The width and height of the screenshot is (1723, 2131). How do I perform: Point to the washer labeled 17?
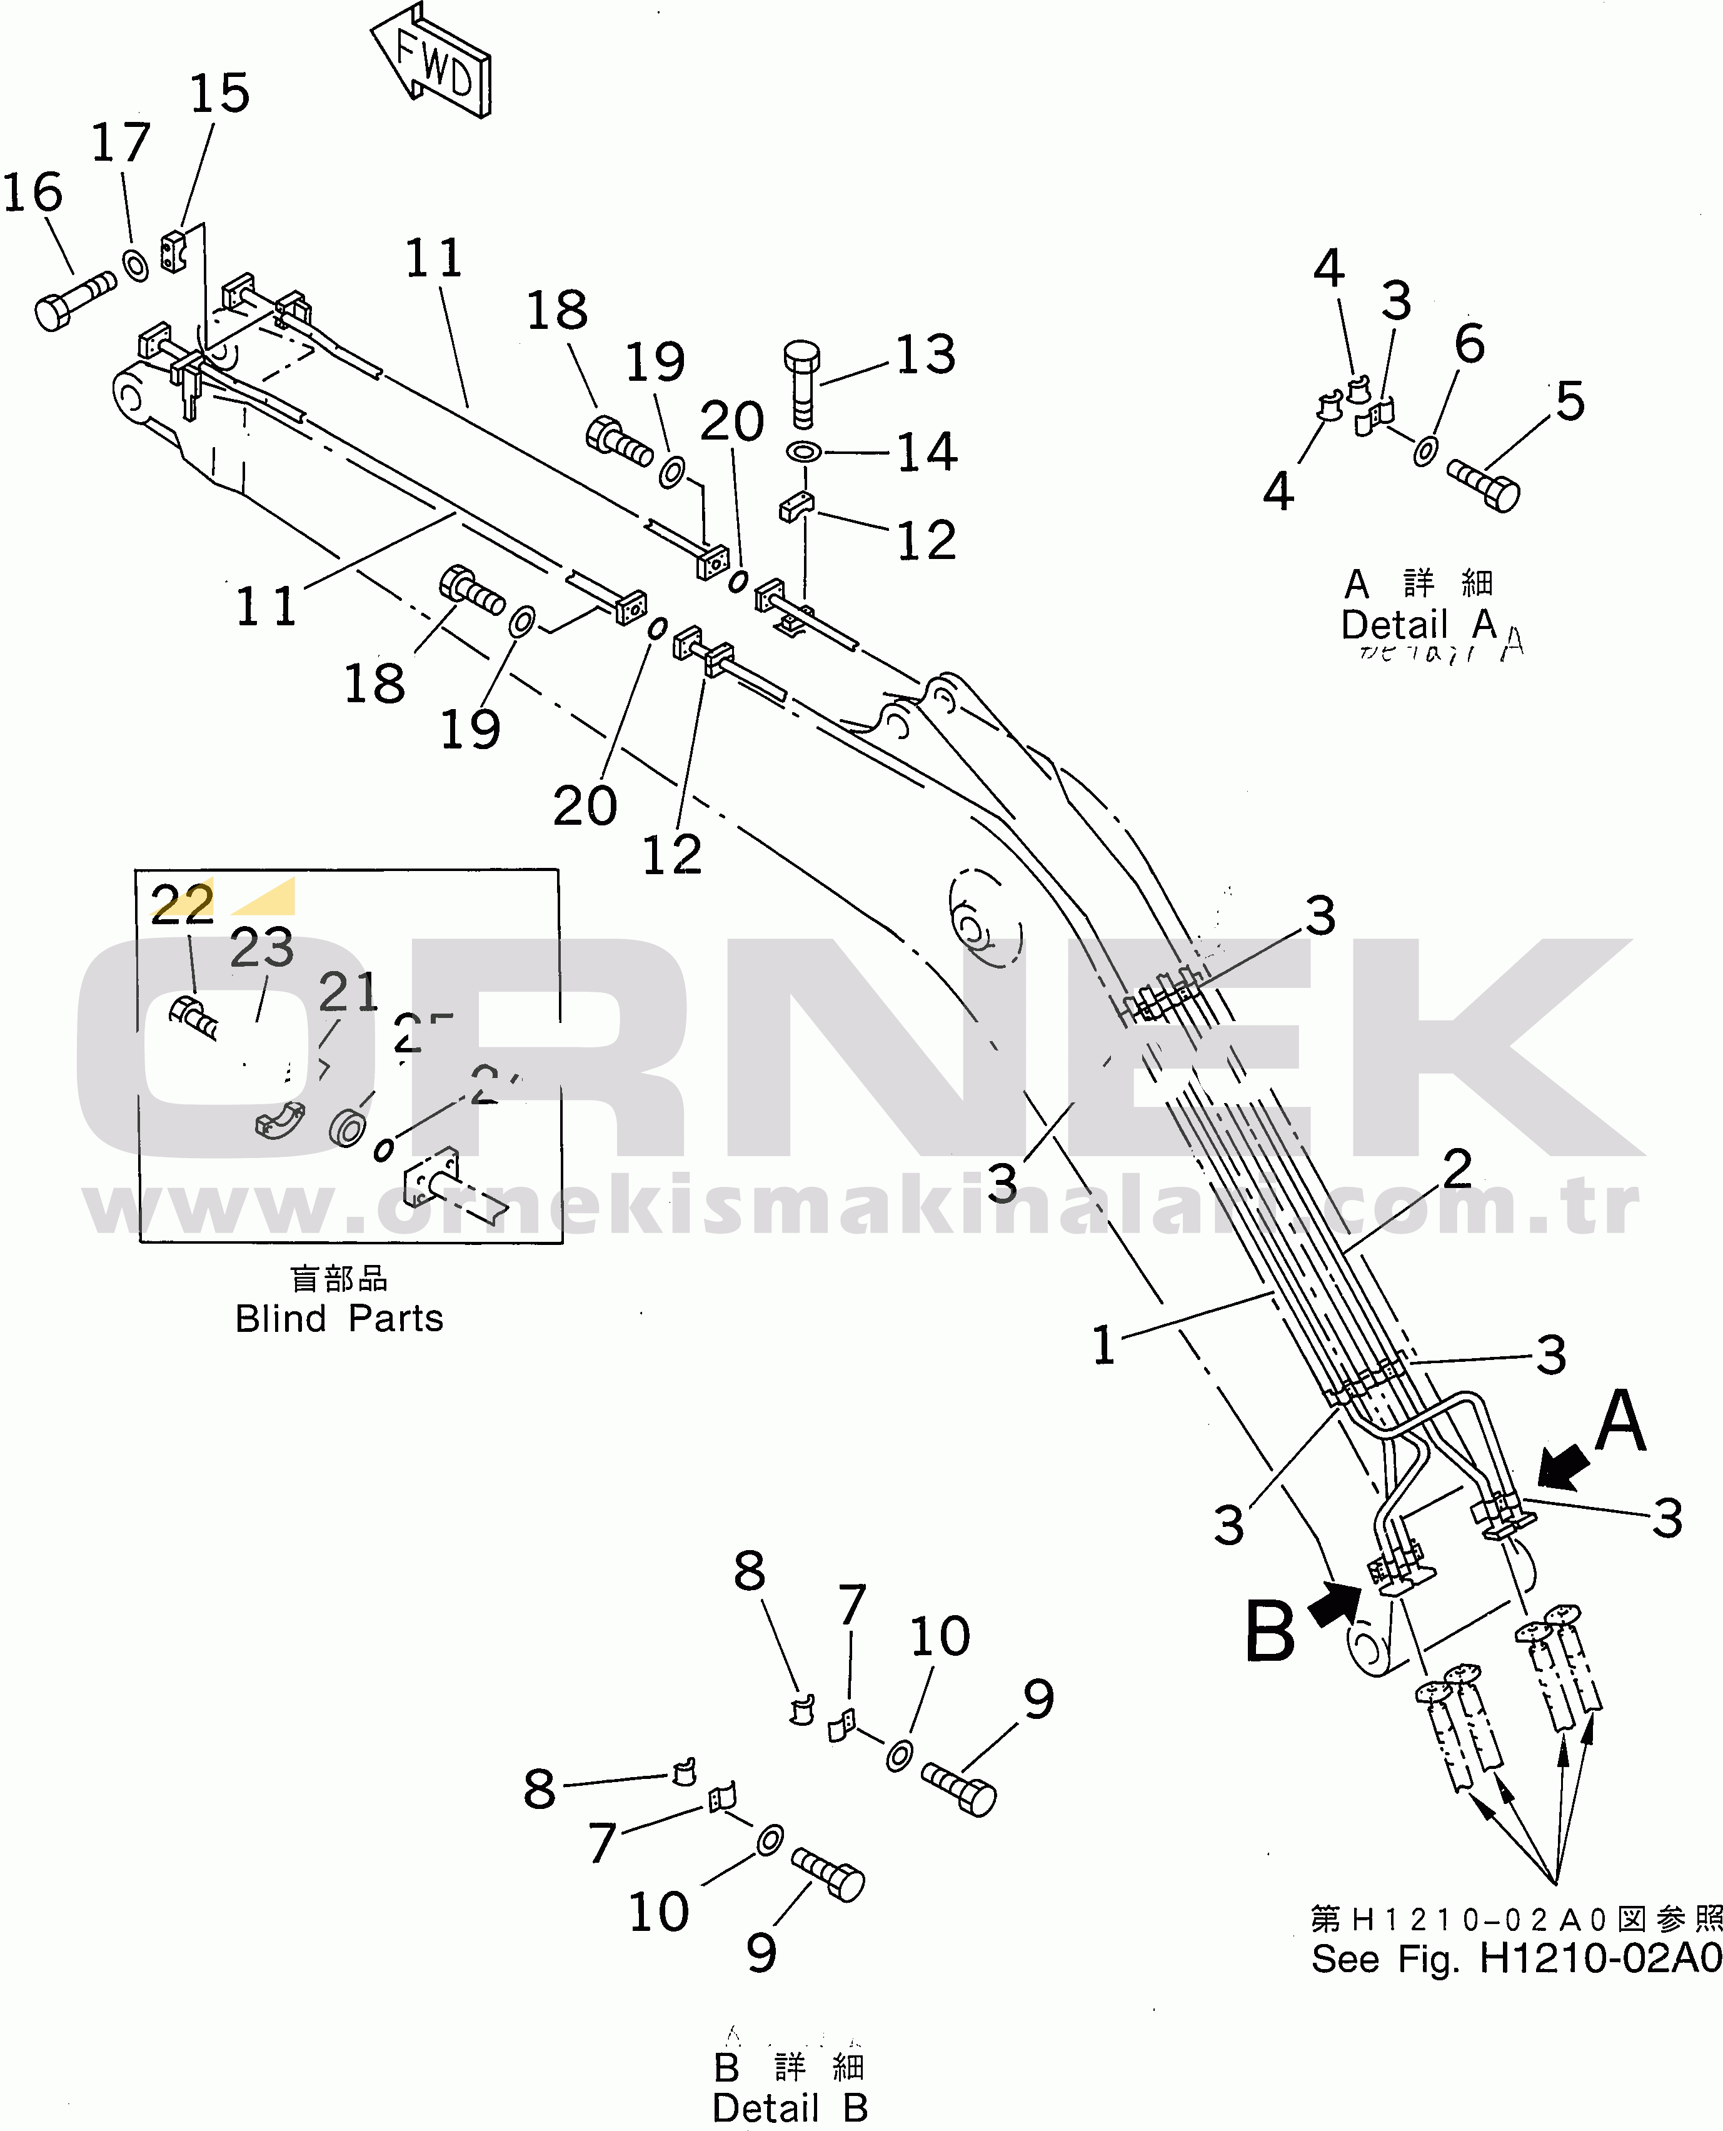tap(135, 265)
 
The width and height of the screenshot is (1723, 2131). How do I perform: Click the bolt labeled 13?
tap(802, 382)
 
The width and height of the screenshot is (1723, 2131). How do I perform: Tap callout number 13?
tap(925, 355)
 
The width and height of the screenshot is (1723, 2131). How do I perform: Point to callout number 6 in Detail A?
tap(1469, 343)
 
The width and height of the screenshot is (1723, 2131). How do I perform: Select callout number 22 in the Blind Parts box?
tap(182, 903)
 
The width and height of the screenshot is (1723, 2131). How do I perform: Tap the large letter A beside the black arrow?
tap(1620, 1421)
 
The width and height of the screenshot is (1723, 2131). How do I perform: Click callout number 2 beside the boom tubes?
tap(1456, 1168)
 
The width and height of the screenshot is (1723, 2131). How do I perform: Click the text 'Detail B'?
tap(790, 2108)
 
